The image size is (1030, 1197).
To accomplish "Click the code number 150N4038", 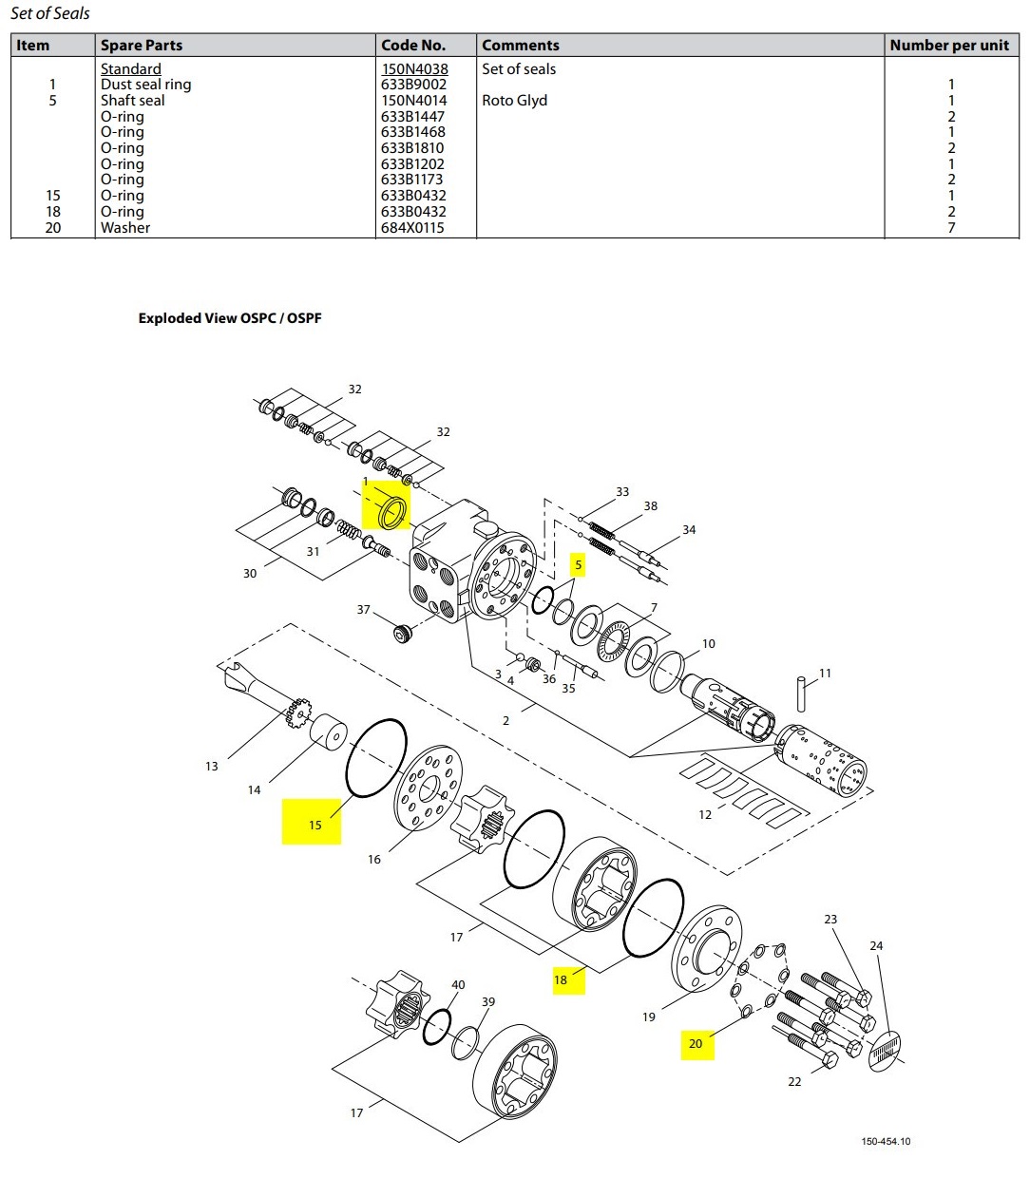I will (414, 69).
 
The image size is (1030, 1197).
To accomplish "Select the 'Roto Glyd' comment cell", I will (514, 101).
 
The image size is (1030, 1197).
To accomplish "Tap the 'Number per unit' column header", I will (948, 45).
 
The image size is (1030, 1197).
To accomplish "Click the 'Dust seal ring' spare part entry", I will (145, 85).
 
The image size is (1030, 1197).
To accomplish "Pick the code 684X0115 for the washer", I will (412, 228).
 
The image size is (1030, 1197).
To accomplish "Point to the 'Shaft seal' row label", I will (132, 101).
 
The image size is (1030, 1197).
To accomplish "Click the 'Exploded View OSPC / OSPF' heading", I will (230, 318).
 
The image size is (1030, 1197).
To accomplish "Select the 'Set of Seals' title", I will (50, 13).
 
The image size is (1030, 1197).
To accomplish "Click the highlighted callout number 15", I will (315, 825).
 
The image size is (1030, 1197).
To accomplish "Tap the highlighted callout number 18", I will (561, 979).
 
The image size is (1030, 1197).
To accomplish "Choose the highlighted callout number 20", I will (696, 1043).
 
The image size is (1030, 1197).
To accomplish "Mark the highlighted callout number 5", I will (578, 565).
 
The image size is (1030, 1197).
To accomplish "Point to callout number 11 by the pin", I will (825, 674).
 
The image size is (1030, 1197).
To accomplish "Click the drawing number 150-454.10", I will (886, 1141).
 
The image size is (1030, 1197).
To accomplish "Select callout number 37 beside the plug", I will (363, 610).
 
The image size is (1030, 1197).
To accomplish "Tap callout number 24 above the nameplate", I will (876, 946).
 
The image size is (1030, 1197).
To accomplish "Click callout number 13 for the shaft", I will (211, 766).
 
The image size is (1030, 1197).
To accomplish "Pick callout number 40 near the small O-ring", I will (458, 985).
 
